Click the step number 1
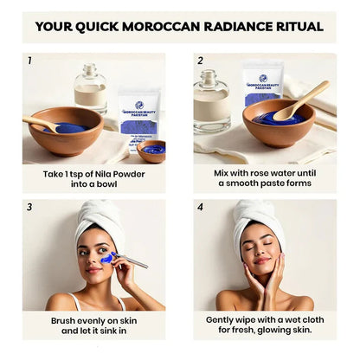point(29,61)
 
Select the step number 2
point(200,61)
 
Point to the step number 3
point(29,207)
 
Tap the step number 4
point(200,207)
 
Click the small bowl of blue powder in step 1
point(151,151)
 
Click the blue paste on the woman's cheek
point(107,257)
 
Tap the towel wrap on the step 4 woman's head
point(258,216)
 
